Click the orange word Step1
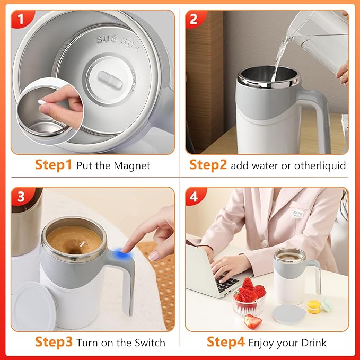54,165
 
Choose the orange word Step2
208,165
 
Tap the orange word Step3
54,342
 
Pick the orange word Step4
225,342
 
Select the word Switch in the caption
149,343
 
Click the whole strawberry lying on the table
253,321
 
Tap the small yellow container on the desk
314,306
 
